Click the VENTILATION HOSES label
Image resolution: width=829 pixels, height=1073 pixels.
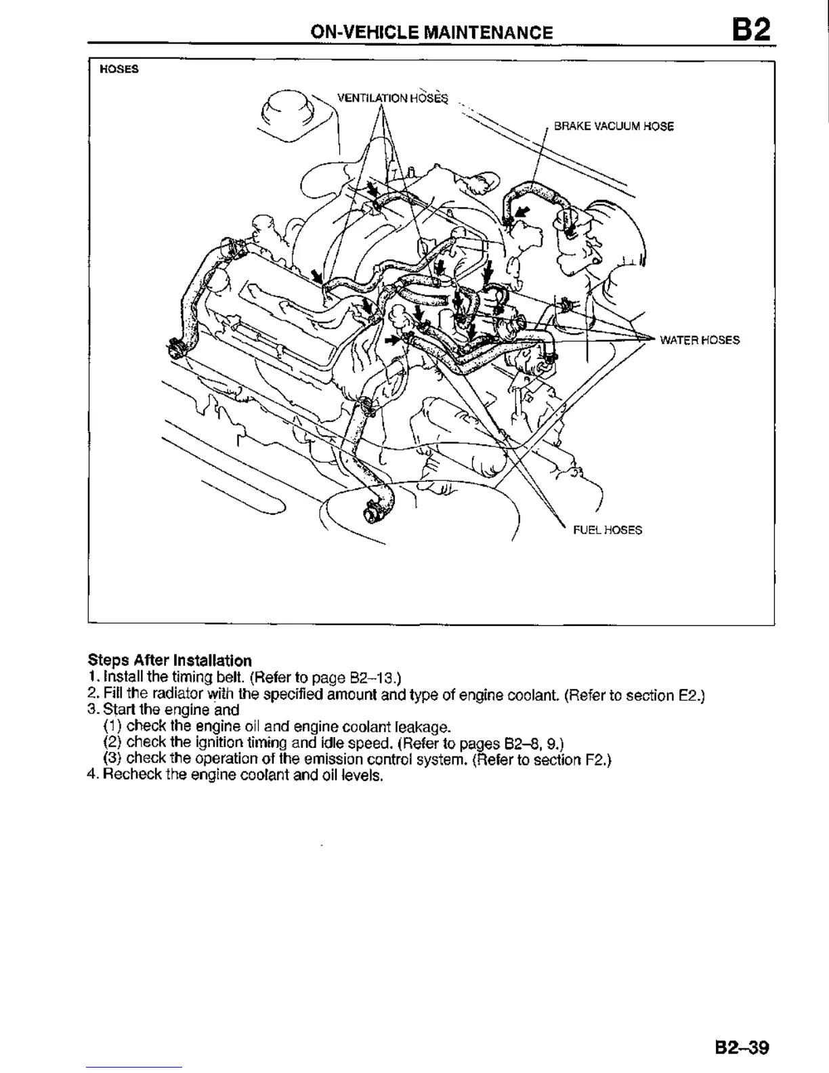393,98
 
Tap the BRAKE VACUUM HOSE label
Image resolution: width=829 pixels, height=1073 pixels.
614,126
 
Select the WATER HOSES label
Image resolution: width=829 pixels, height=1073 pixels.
700,340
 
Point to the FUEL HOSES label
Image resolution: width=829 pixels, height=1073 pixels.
608,530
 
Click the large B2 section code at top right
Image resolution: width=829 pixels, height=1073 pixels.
750,30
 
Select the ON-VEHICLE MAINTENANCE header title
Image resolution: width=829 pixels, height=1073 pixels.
431,33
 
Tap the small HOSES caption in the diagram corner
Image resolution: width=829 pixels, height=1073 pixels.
119,69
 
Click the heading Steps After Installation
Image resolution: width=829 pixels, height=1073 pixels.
169,660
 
